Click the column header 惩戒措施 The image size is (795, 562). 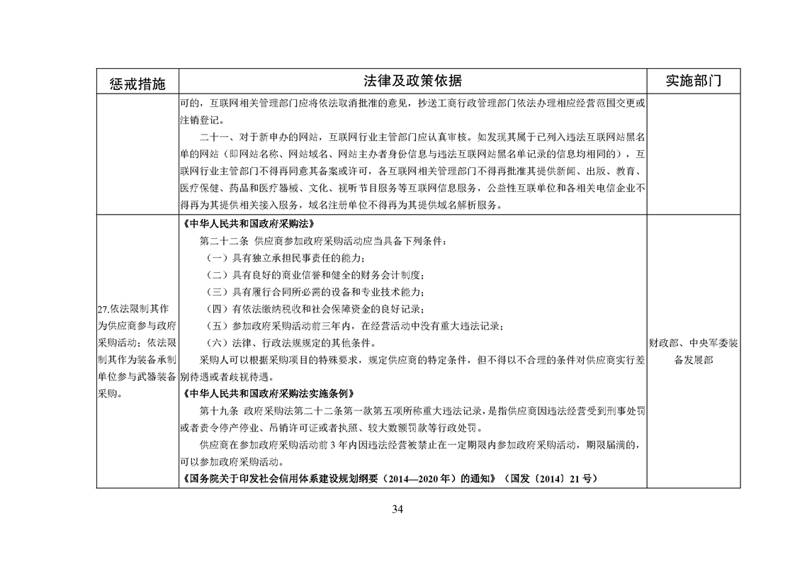pos(137,82)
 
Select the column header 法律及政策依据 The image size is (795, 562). pos(412,80)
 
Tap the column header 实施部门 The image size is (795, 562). pos(694,80)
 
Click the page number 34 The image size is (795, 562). pos(397,508)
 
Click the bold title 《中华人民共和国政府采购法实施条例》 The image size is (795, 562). pos(266,393)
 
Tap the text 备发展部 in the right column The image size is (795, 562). pos(693,360)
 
